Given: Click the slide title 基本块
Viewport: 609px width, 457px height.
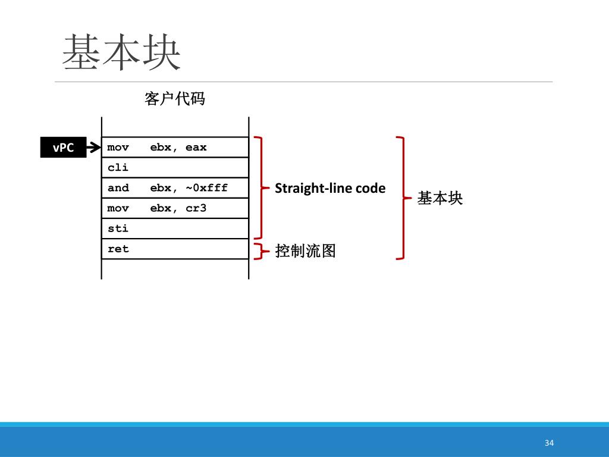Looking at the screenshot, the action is (x=121, y=52).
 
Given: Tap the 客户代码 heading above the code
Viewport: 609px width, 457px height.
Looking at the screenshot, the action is (x=174, y=98).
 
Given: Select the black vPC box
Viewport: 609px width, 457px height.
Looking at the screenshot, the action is (x=63, y=148).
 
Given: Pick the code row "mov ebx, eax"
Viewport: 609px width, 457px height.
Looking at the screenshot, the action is (x=175, y=148).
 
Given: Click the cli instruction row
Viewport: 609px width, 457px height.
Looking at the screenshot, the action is (x=175, y=168).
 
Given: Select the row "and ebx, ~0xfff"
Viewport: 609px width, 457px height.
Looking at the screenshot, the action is (x=175, y=188).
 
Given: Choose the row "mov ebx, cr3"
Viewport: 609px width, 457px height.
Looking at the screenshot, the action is (x=175, y=208).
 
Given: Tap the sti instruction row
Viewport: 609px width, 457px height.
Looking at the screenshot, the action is (x=175, y=228).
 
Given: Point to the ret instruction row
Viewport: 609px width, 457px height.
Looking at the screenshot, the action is (x=175, y=249).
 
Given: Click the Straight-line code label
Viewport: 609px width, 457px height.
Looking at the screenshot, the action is (x=330, y=189).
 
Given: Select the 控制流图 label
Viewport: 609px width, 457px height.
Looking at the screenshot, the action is (x=306, y=251).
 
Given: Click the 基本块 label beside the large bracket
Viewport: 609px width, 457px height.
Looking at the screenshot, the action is (x=440, y=198).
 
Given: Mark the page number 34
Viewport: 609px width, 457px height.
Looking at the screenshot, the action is (x=549, y=443).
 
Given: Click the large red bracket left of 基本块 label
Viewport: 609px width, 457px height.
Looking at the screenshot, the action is (x=403, y=198).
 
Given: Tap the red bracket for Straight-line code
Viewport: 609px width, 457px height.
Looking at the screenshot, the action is (x=260, y=188).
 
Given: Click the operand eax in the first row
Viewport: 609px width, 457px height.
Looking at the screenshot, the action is (x=196, y=148).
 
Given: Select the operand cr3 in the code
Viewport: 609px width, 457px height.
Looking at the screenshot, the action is (x=196, y=208).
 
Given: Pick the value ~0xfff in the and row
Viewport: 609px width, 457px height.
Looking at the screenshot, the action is (x=206, y=188).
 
